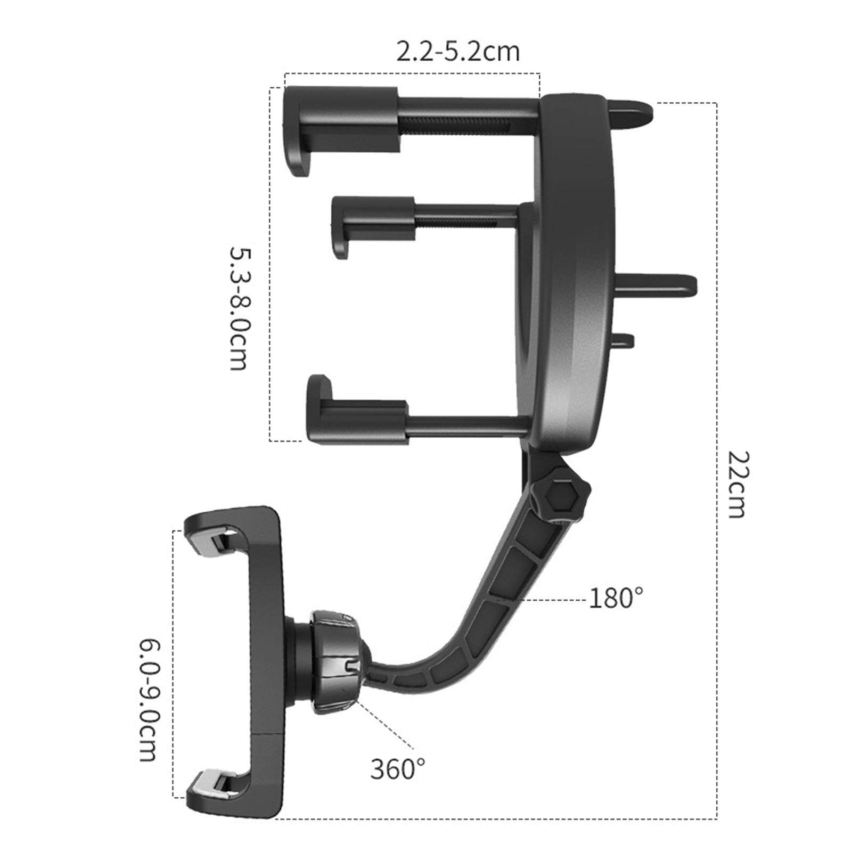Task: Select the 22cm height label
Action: [x=738, y=485]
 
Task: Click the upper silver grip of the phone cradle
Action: [x=213, y=542]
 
